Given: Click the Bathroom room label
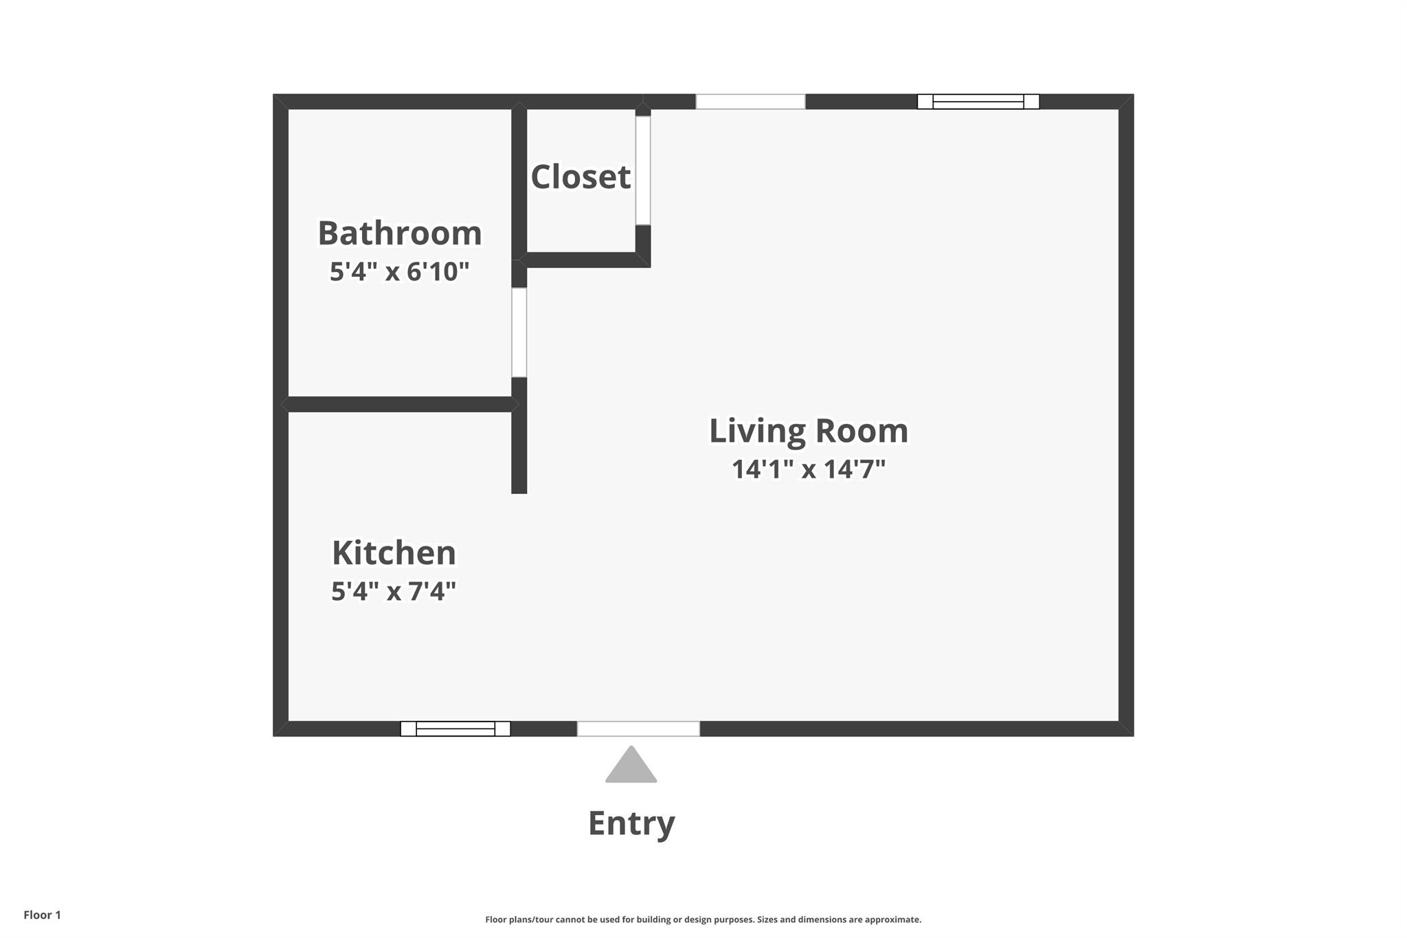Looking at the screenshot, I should click(399, 233).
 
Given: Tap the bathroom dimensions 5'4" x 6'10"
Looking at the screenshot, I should click(399, 272).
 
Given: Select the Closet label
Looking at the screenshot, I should click(581, 177).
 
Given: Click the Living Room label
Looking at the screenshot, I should click(809, 431).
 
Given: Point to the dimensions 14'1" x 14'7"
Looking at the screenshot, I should click(809, 469).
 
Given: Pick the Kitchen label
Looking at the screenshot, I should click(394, 552).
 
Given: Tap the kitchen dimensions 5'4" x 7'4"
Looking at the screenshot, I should click(394, 591).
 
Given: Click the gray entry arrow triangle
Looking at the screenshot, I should click(631, 767).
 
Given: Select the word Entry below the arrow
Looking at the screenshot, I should click(631, 823).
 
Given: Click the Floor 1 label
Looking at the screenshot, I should click(42, 915).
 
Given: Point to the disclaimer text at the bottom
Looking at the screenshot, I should click(703, 919).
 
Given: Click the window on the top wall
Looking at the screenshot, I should click(978, 102).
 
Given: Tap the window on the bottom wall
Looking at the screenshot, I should click(455, 728).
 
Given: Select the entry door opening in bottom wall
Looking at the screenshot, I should click(638, 728).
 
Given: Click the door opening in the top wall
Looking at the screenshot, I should click(750, 102).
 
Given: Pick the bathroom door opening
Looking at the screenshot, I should click(519, 332).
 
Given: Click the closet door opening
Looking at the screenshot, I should click(643, 170).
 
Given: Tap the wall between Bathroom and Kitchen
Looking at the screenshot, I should click(399, 404).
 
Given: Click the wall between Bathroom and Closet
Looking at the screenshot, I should click(519, 182).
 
